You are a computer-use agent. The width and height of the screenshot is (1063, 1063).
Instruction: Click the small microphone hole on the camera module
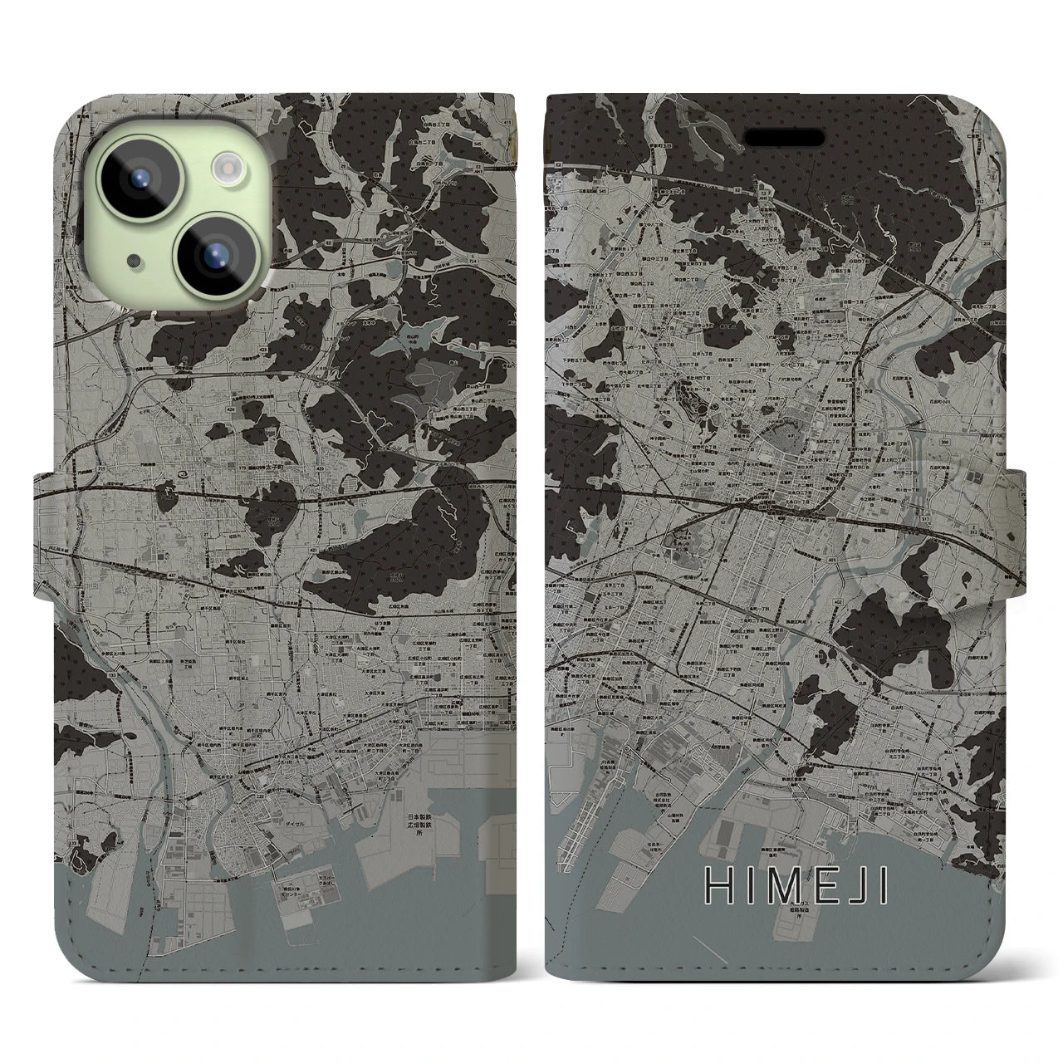coord(133,262)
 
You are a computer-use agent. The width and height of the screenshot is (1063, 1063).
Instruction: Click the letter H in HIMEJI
coord(718,885)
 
